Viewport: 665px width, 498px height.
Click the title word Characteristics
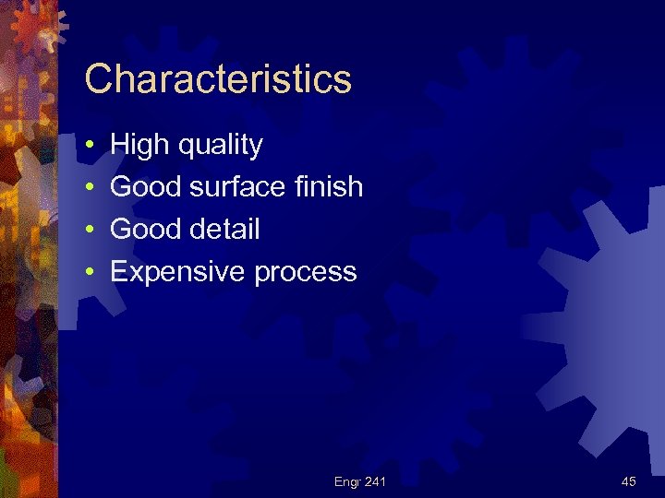[x=218, y=79]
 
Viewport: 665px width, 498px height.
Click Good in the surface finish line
[x=146, y=187]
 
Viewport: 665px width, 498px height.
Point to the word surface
[x=236, y=187]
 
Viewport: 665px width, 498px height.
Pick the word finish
[x=330, y=187]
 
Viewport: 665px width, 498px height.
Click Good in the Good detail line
[x=146, y=230]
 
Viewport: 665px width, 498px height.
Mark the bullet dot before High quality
[x=89, y=146]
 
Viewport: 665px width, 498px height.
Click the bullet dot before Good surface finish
[x=89, y=188]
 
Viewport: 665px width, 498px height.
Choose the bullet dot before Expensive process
[x=89, y=273]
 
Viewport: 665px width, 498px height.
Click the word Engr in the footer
[x=347, y=481]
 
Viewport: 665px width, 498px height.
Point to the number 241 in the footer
[x=375, y=481]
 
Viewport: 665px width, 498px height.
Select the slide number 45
[x=629, y=481]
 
